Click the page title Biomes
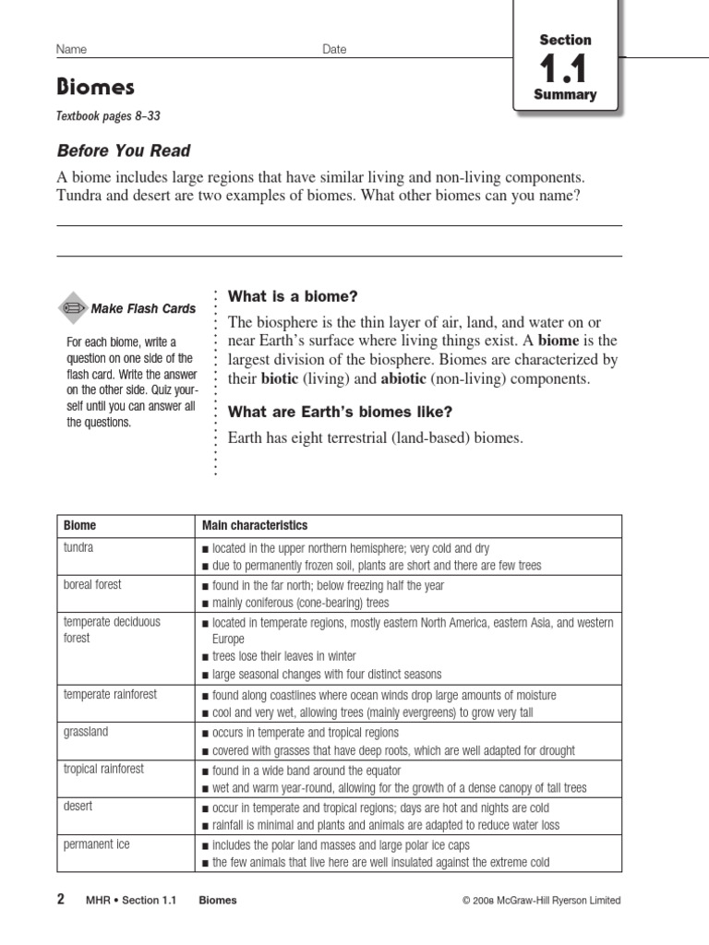point(96,88)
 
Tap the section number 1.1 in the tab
point(565,69)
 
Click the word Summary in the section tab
point(565,95)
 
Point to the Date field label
point(334,49)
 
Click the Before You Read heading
point(124,150)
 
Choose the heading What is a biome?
point(292,296)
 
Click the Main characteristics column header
point(255,525)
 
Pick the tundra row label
point(78,547)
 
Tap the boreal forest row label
point(91,585)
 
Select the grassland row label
point(85,731)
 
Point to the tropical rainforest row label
point(103,769)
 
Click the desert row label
point(78,806)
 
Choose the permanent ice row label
point(96,843)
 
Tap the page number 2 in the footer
point(61,900)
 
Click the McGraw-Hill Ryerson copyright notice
point(541,901)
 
